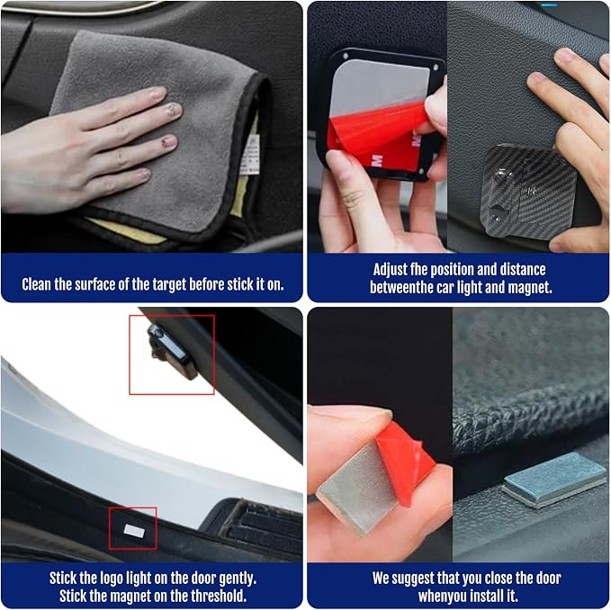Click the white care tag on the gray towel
click(x=249, y=155)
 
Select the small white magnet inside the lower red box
click(x=134, y=531)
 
